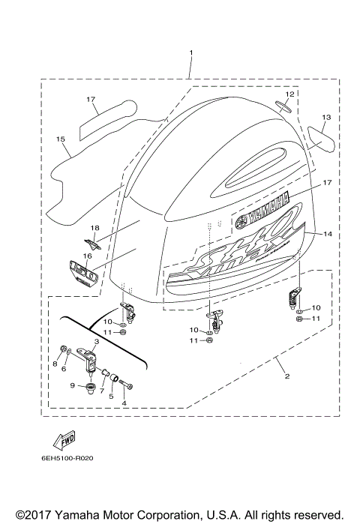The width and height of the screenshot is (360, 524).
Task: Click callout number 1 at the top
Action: tap(190, 53)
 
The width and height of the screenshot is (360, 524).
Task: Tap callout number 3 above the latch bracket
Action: tap(96, 340)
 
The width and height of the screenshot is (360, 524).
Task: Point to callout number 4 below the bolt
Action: tap(124, 403)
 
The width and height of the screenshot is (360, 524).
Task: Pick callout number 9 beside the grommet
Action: tap(72, 385)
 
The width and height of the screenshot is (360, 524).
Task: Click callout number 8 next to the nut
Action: tap(54, 364)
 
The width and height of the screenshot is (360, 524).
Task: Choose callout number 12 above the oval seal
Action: tap(289, 95)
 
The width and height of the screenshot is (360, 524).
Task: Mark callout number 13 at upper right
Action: tap(325, 118)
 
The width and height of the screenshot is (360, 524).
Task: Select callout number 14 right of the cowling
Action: tap(327, 235)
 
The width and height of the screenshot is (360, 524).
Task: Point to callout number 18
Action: tap(94, 227)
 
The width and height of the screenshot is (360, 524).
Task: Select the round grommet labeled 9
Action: tap(90, 388)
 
